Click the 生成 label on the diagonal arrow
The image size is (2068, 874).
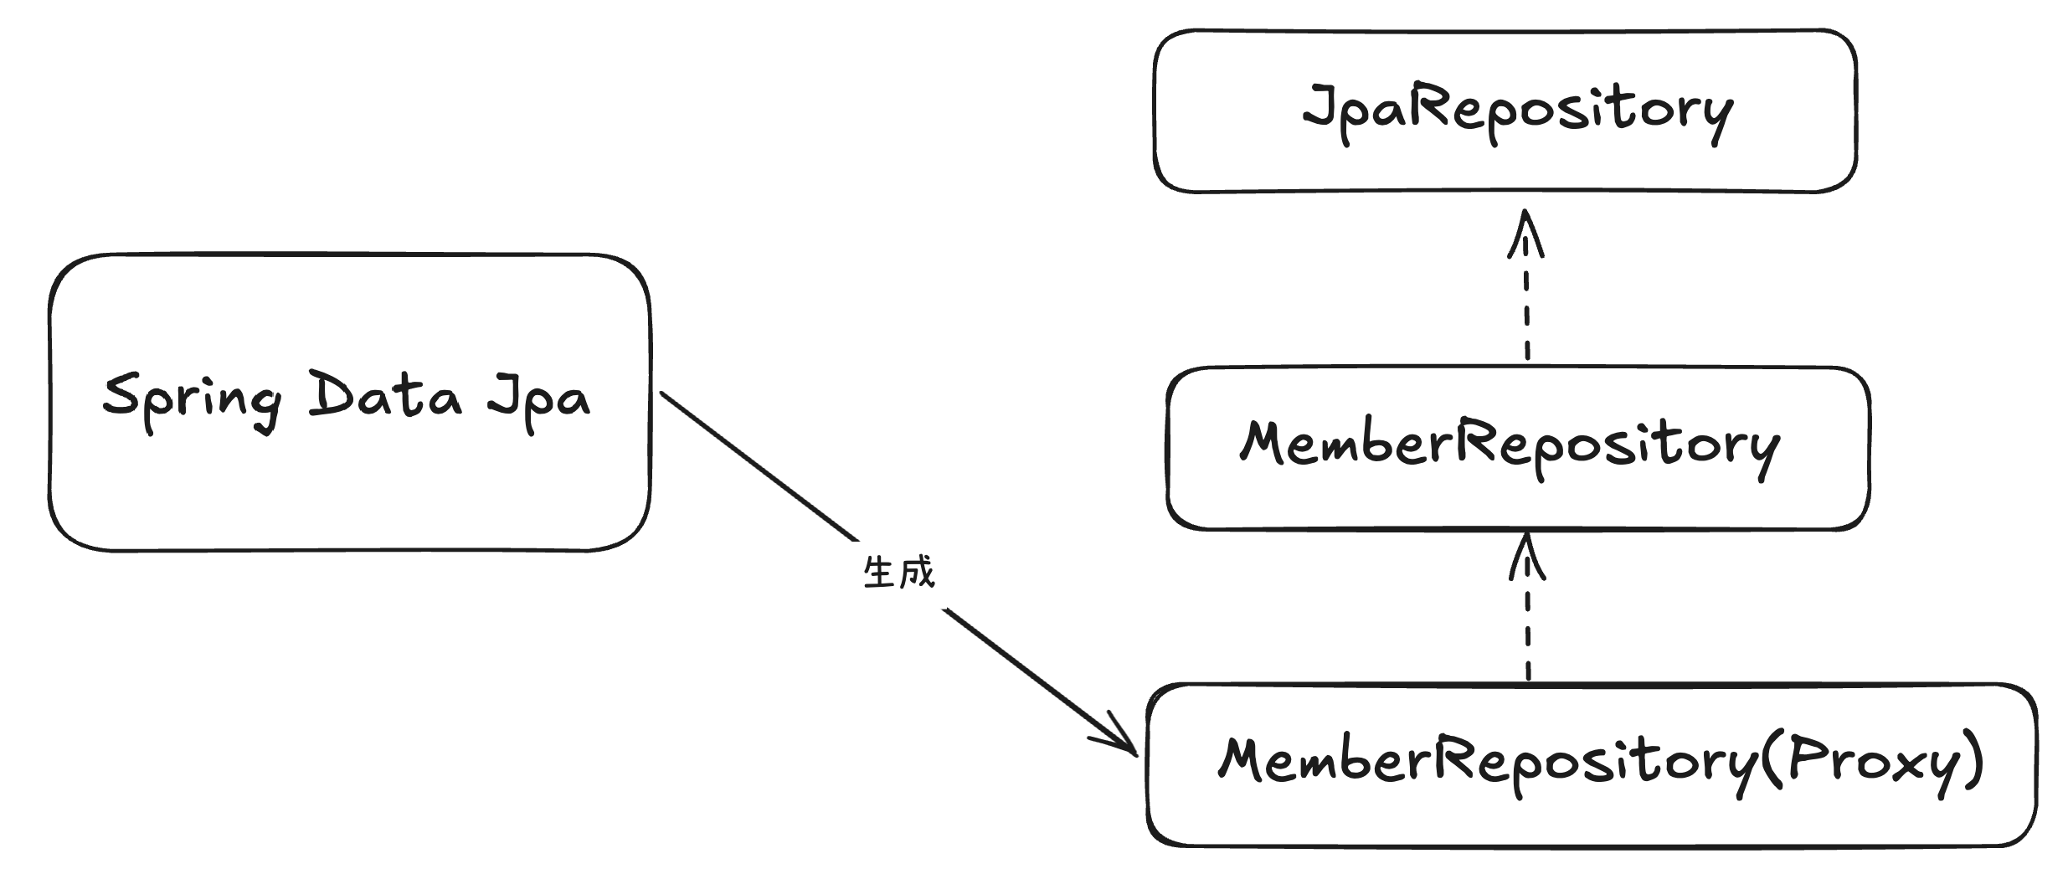[x=898, y=573]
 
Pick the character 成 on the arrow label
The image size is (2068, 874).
[x=916, y=573]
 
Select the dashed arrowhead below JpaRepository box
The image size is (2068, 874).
[x=1525, y=234]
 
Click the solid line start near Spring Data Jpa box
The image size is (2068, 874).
[x=666, y=395]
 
